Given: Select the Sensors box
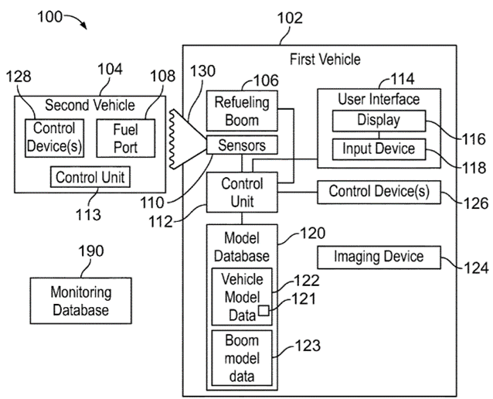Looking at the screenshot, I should pos(243,145).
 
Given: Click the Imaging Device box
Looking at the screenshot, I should pos(379,256).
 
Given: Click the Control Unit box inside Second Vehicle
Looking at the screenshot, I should pos(89,176).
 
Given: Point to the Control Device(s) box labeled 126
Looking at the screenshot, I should pos(379,191).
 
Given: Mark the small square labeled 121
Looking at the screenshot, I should pos(263,311).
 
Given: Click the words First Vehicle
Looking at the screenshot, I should pos(325,59).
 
